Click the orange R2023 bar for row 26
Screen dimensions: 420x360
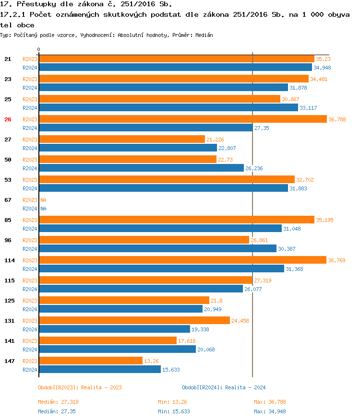pos(182,119)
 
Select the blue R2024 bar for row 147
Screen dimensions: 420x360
pos(99,369)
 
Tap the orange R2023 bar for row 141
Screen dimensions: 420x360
pos(108,340)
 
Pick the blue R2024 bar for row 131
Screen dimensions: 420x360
pos(114,329)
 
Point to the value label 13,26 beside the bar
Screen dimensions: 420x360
pos(152,361)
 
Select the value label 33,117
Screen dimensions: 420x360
pos(308,108)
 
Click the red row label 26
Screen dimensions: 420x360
pos(8,119)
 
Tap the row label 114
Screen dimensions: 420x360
pos(10,260)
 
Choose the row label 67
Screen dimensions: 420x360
pos(8,200)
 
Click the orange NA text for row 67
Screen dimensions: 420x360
pos(43,200)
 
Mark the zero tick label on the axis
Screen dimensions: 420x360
pos(39,49)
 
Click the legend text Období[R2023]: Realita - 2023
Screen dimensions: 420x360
pos(80,387)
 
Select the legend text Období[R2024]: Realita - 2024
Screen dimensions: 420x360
pos(224,387)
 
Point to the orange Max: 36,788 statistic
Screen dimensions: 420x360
pos(270,402)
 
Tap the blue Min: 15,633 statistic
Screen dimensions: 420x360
pos(174,411)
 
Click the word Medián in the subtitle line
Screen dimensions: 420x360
pos(204,35)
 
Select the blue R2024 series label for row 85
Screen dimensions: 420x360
pos(30,229)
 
